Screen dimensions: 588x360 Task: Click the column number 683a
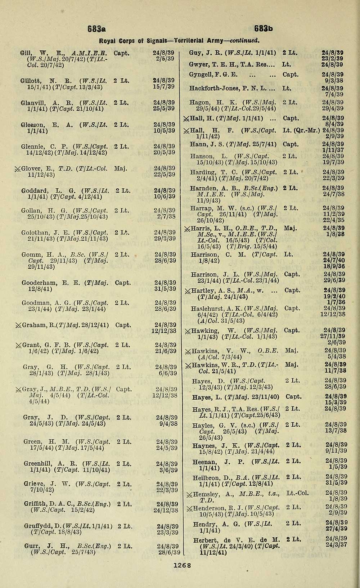95,28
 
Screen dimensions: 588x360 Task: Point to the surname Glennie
32,146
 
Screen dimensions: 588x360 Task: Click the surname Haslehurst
208,308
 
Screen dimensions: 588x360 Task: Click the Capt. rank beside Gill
121,53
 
